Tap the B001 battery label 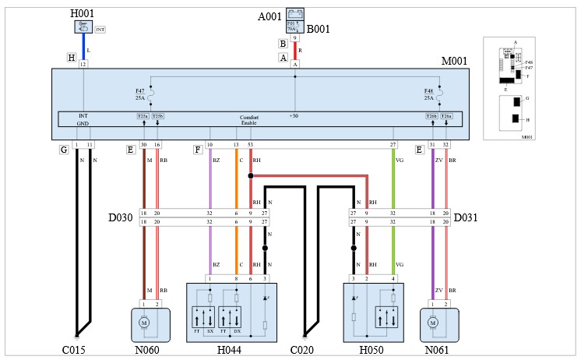(x=319, y=30)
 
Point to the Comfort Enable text (x=249, y=120)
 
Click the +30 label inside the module (x=294, y=116)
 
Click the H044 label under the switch (x=231, y=350)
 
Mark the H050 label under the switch (x=371, y=350)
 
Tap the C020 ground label (x=302, y=350)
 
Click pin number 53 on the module (x=250, y=145)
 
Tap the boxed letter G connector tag (x=64, y=148)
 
